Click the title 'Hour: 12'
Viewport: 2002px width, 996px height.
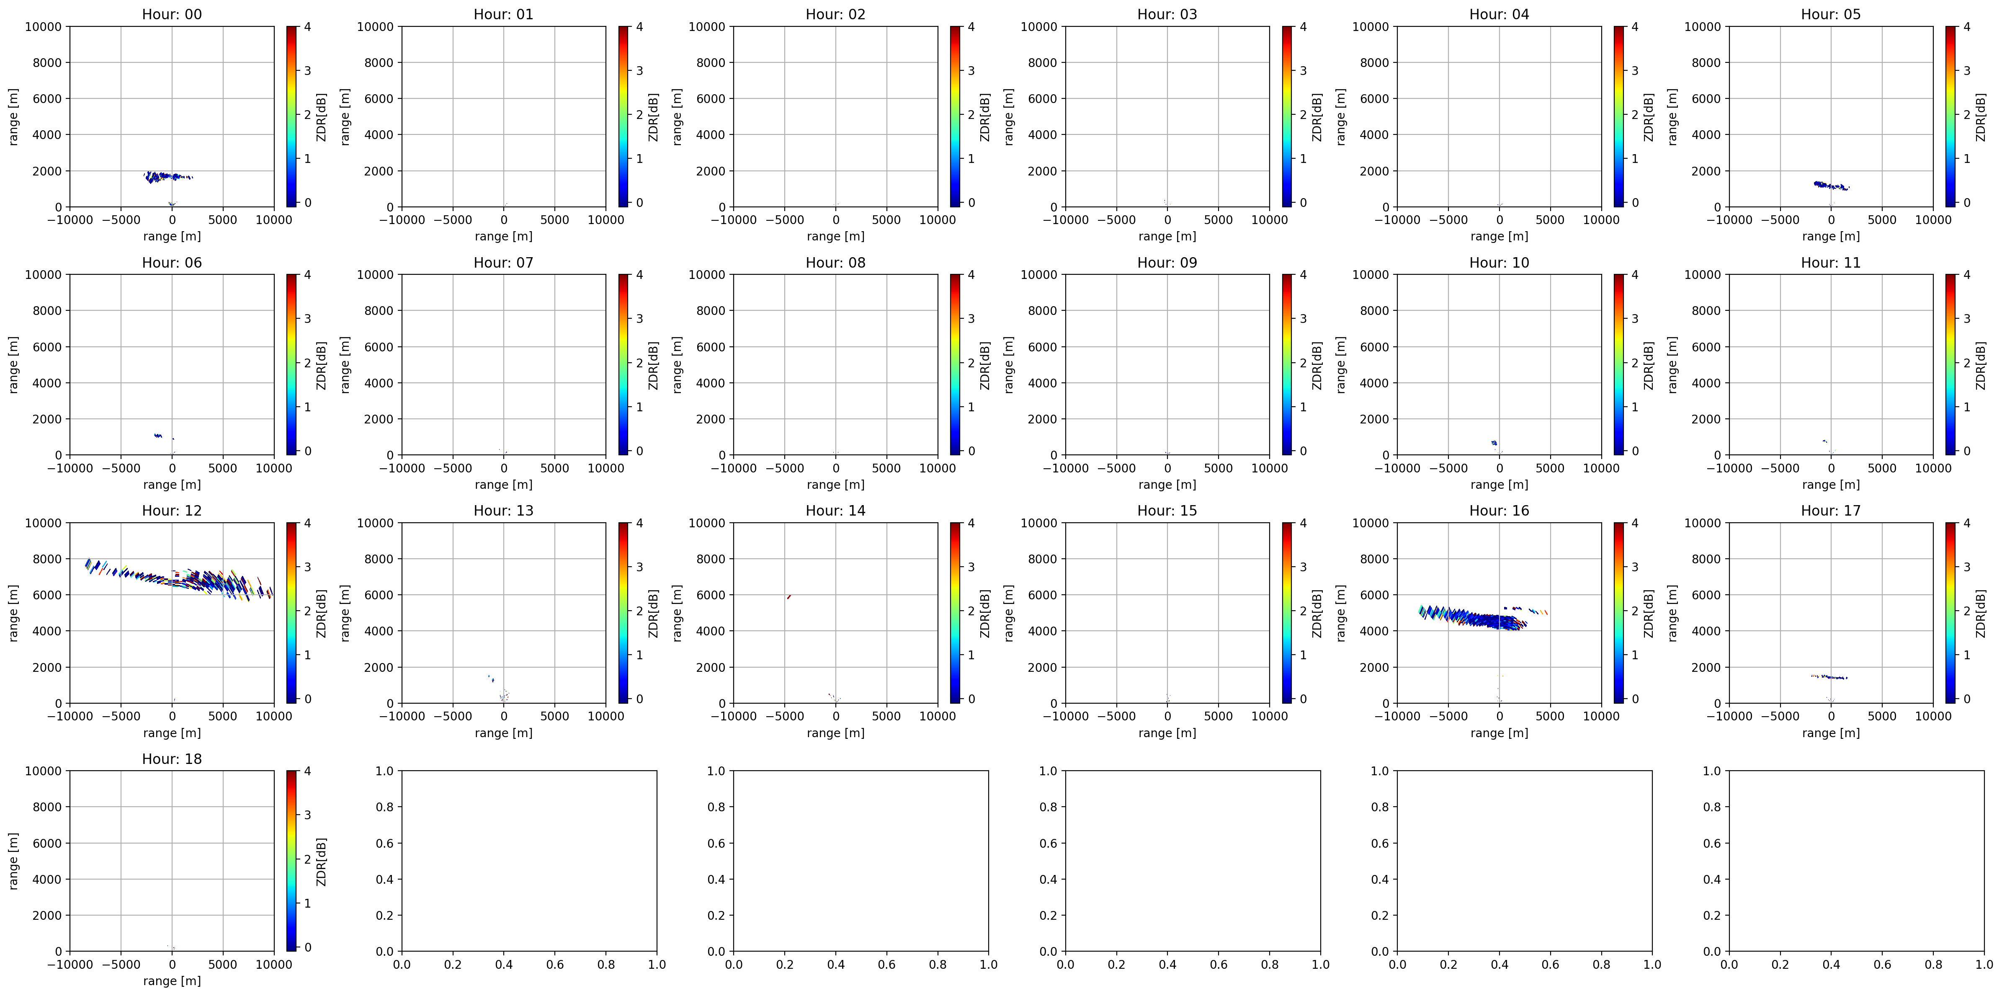[172, 511]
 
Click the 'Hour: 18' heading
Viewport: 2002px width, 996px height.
[172, 759]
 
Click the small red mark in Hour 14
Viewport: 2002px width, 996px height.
[789, 596]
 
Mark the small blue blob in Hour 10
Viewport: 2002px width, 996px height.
[1494, 442]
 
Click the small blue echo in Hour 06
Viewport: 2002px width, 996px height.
[158, 436]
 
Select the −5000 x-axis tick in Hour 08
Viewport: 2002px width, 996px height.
[784, 468]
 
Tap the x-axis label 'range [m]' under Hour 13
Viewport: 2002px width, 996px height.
[504, 733]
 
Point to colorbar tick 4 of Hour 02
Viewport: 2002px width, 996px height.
[971, 26]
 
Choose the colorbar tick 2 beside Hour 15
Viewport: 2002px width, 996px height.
[1303, 611]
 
